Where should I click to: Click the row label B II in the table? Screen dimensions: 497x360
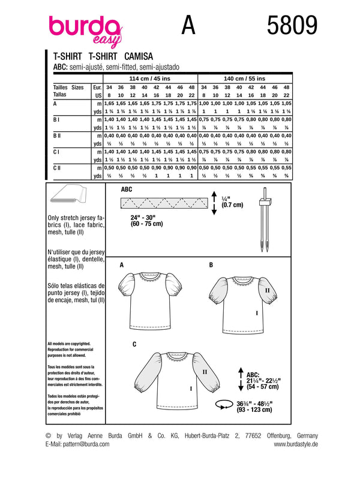[58, 137]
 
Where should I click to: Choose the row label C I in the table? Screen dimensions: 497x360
[56, 153]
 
